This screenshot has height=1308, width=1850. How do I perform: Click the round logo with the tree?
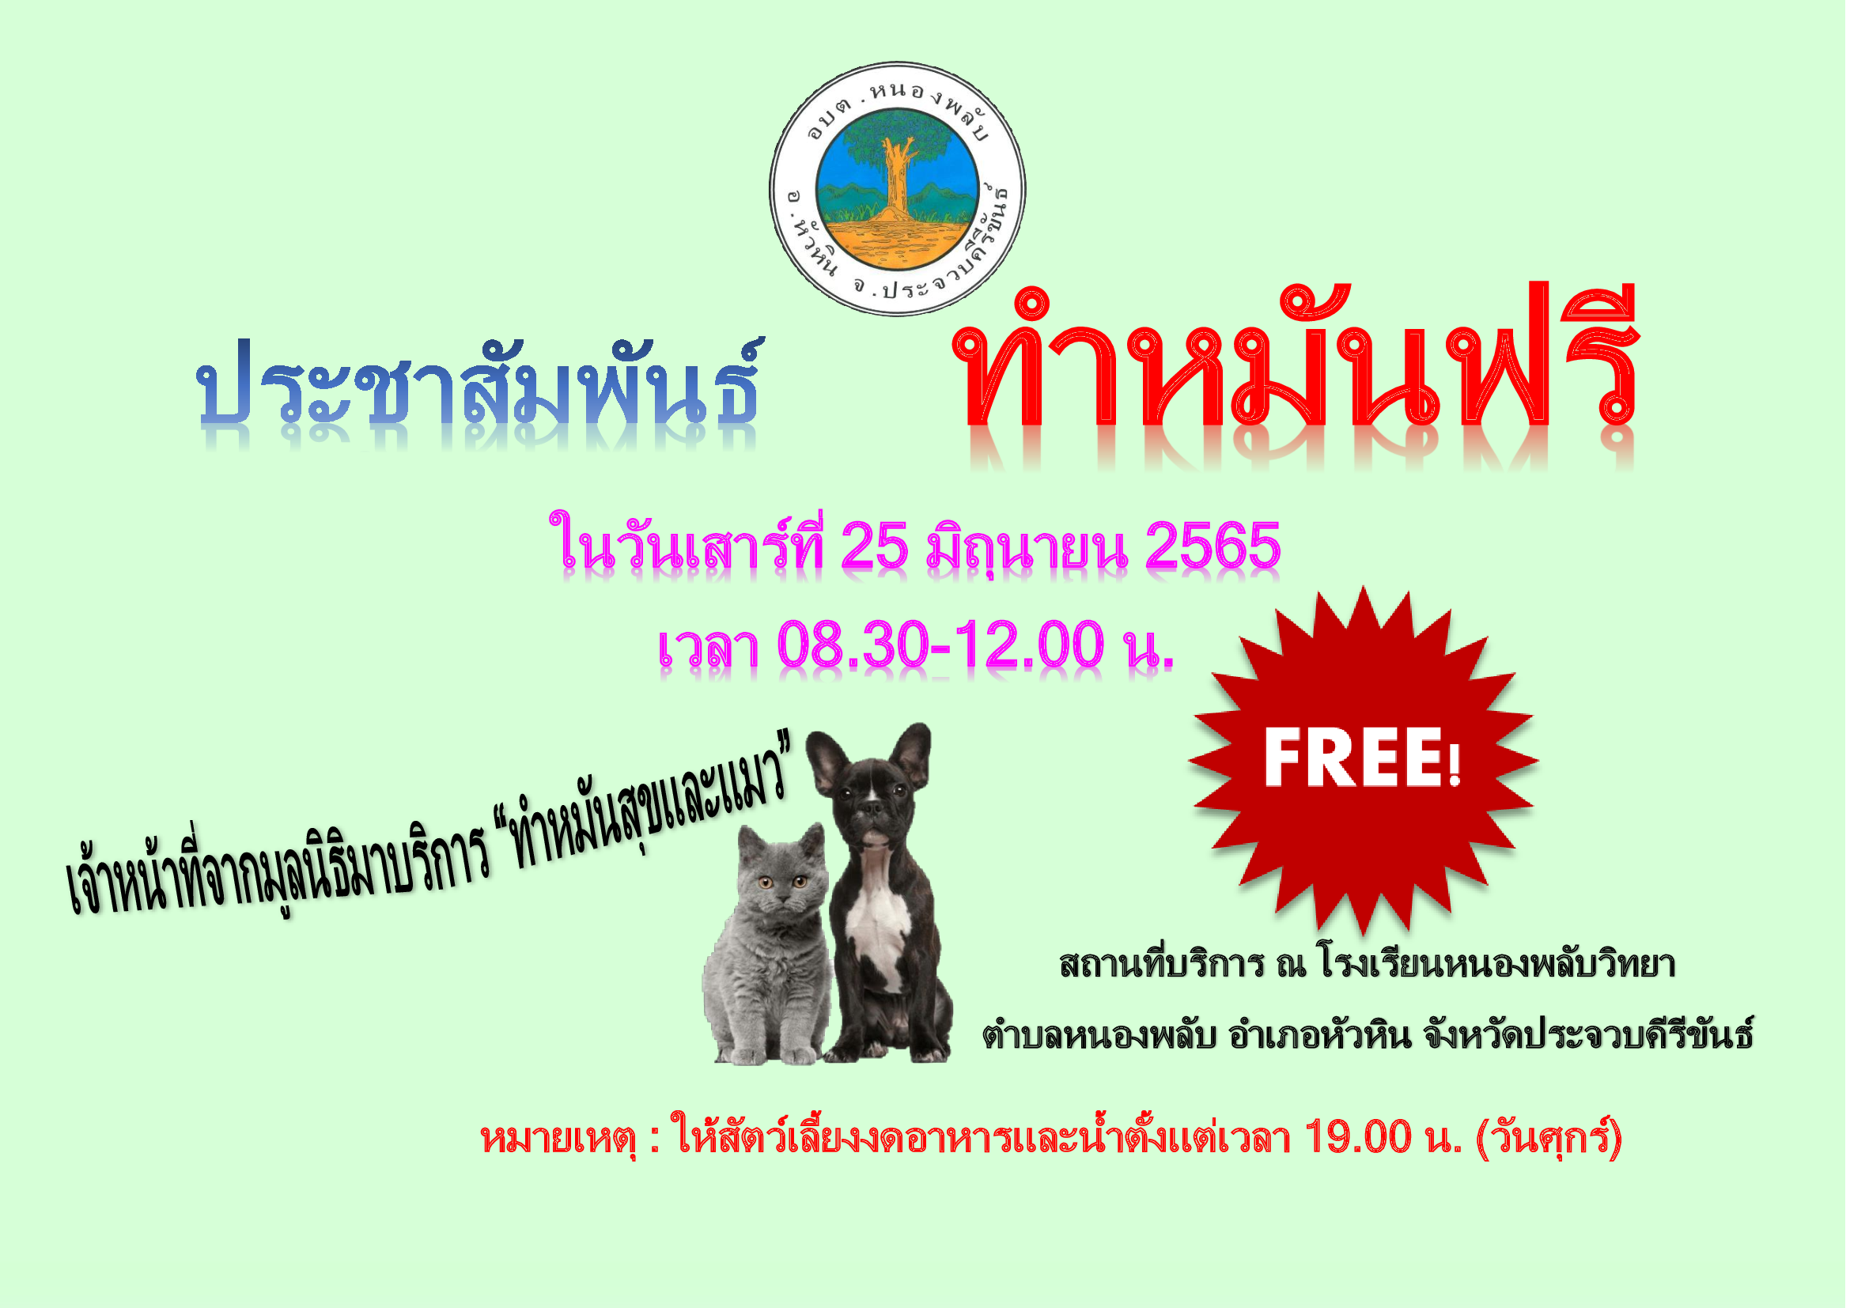click(x=899, y=188)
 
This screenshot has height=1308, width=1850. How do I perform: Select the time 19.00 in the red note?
click(x=1358, y=1138)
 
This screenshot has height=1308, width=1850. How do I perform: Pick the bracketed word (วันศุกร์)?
click(x=1548, y=1138)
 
